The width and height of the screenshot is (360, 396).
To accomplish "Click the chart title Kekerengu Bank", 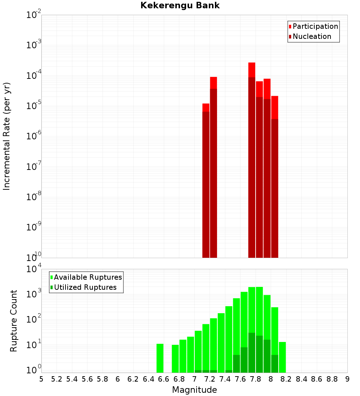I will click(180, 6).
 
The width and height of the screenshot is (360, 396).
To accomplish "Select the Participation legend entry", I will click(315, 26).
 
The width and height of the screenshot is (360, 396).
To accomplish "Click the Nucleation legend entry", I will click(312, 36).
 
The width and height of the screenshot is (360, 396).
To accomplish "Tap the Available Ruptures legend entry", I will click(88, 277).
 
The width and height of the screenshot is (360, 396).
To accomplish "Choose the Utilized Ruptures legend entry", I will click(85, 287).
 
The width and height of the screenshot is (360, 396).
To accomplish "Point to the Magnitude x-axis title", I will click(194, 390).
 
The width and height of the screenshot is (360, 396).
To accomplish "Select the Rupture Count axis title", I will click(14, 321).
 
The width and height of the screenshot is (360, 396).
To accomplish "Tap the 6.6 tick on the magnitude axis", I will click(164, 379).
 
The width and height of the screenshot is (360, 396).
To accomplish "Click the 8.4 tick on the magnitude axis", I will click(301, 379).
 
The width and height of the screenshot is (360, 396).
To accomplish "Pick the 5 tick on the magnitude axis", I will click(41, 379).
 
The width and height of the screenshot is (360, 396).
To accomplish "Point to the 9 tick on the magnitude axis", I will click(347, 379).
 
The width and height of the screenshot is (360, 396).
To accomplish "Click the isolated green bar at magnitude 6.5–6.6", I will click(160, 358).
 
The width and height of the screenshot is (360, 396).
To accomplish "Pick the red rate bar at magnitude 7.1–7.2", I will click(206, 180).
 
